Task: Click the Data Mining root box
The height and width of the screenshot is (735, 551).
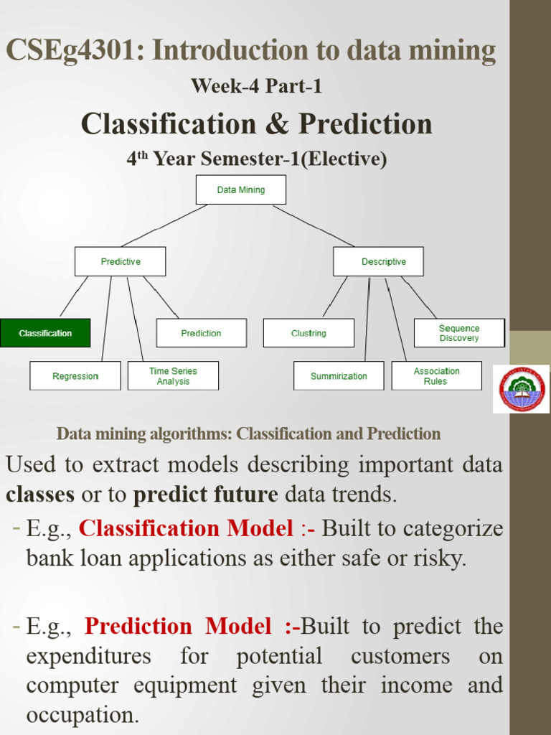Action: point(240,189)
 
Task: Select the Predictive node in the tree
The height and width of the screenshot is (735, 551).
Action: point(120,261)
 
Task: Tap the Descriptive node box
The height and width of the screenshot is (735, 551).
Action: point(378,261)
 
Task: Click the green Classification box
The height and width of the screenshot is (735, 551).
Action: point(45,333)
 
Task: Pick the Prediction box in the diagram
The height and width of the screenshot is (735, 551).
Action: point(201,333)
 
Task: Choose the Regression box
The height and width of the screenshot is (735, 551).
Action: point(75,376)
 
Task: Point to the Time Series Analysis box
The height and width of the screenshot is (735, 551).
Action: point(173,376)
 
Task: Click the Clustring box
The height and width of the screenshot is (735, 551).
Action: point(309,333)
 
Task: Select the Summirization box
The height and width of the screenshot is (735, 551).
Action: point(339,376)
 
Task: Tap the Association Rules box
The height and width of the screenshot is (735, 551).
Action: point(436,376)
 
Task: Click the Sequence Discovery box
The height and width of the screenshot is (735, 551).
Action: point(459,333)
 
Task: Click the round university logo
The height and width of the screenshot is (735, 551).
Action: point(522,388)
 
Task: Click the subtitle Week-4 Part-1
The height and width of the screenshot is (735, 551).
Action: point(256,86)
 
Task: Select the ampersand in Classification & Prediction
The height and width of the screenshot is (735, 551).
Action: point(273,124)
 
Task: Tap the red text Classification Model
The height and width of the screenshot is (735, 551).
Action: point(186,528)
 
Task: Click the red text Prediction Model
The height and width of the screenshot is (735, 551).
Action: point(178,627)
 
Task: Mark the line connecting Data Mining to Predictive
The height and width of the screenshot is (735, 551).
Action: point(165,225)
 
